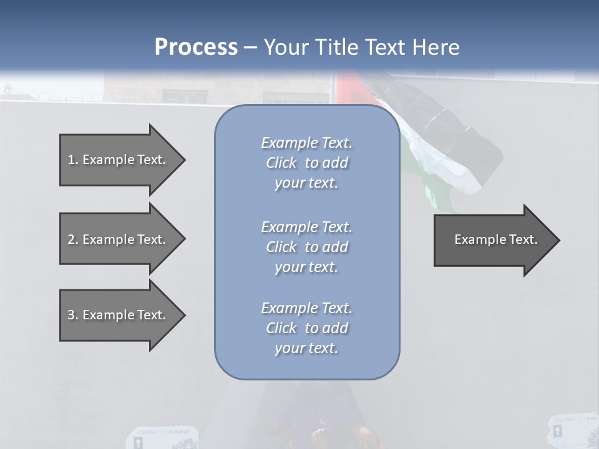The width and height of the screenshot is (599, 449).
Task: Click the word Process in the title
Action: point(196,47)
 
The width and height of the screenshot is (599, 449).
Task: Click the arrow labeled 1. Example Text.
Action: point(119,160)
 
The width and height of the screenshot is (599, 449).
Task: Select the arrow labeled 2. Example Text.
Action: point(119,239)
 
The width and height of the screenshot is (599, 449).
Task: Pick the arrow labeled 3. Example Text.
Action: point(119,315)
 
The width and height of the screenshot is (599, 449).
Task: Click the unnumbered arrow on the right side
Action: point(493,239)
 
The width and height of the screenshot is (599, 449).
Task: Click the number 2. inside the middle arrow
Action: point(72,239)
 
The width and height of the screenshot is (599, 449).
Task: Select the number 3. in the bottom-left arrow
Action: point(72,315)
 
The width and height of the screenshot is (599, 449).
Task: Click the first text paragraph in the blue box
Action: point(307,163)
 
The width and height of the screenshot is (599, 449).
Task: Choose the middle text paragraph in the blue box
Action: point(307,246)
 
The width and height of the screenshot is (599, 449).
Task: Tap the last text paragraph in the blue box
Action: point(307,328)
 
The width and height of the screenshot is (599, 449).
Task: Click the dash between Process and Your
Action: point(250,48)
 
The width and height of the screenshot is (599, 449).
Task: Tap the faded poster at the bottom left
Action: point(162,438)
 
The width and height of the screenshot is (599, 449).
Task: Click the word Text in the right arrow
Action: point(523,239)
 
